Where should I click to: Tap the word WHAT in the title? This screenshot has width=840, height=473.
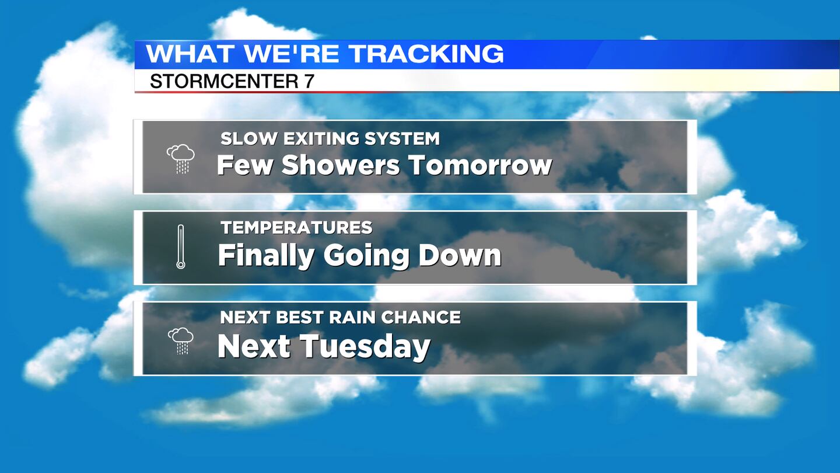pos(191,54)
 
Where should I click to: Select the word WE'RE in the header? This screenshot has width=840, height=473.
pos(292,54)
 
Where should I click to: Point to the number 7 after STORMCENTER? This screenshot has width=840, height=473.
pos(309,81)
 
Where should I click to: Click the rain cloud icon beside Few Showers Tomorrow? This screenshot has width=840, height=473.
pos(181,158)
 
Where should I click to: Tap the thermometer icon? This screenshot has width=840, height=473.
pos(181,246)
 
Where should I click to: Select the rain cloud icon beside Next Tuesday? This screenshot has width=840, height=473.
pos(181,341)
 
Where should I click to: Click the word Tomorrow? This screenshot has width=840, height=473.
pos(480,165)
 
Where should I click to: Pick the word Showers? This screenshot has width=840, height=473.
pos(341,165)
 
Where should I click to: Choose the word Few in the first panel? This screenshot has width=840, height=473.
pos(244,165)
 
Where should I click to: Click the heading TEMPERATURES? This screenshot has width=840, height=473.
pos(296,228)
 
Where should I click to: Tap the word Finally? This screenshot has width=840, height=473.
pos(266,256)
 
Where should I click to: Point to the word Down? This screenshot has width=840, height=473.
pos(460,255)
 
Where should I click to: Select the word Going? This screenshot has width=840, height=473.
pos(366,257)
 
